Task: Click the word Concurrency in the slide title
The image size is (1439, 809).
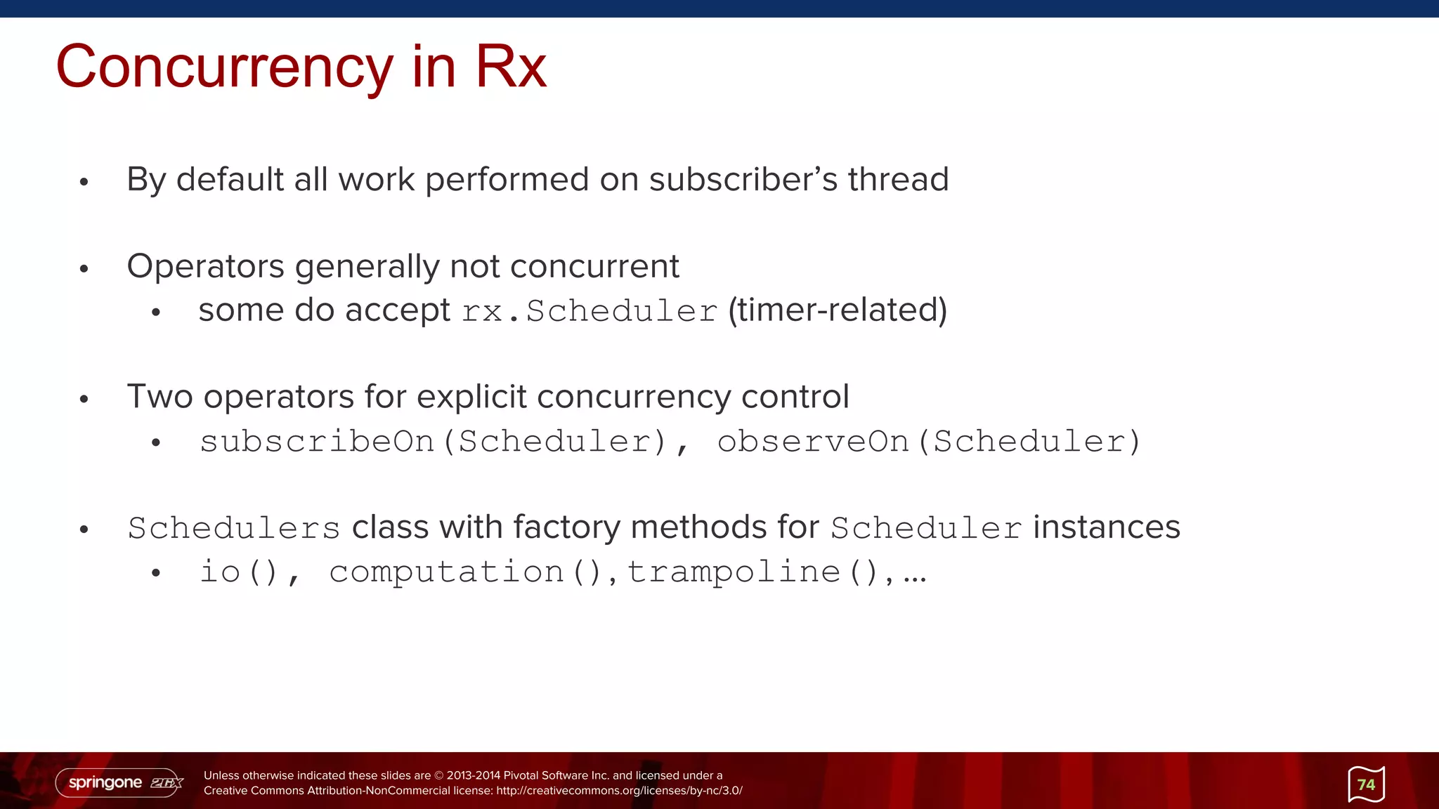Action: pyautogui.click(x=224, y=67)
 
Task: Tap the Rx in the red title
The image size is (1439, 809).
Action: pyautogui.click(x=511, y=67)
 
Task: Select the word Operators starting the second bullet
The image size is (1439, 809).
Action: pyautogui.click(x=206, y=266)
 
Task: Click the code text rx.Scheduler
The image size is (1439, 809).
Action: pyautogui.click(x=590, y=311)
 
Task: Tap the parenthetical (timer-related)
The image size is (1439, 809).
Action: pyautogui.click(x=838, y=310)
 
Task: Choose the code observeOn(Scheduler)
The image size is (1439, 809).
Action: pyautogui.click(x=928, y=442)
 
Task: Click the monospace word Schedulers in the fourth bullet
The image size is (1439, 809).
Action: pyautogui.click(x=234, y=528)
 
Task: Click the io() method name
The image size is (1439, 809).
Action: pyautogui.click(x=240, y=572)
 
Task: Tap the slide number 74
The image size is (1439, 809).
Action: pyautogui.click(x=1366, y=784)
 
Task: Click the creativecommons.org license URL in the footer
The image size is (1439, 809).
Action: pyautogui.click(x=619, y=791)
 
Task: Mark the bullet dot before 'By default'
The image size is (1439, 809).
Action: pyautogui.click(x=84, y=182)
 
